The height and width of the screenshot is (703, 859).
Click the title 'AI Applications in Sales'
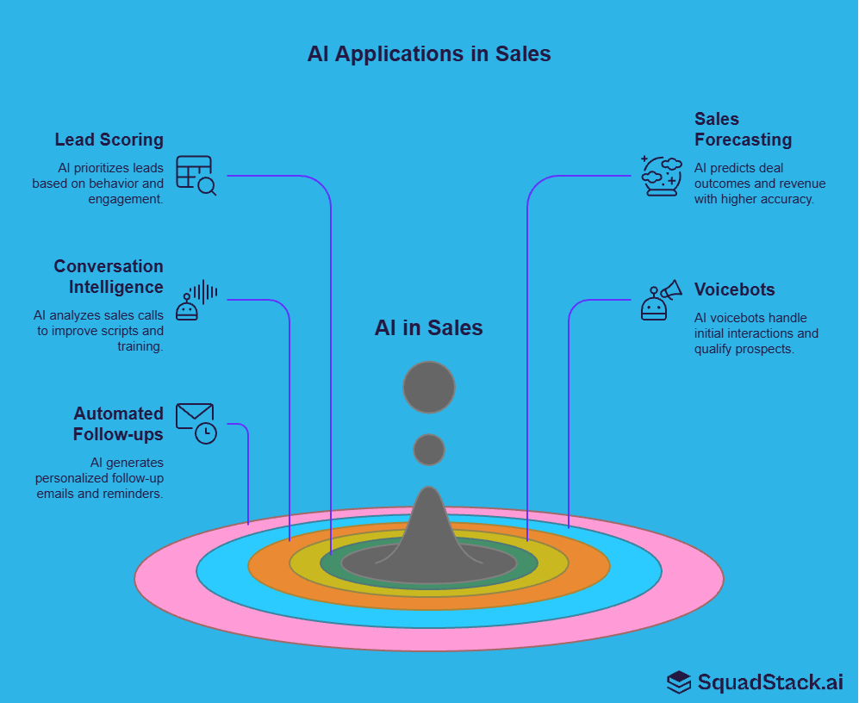(429, 53)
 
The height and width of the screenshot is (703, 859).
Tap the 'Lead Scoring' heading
(109, 140)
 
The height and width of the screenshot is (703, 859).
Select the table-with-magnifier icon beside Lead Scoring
(196, 175)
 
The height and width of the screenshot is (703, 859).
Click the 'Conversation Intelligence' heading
(109, 277)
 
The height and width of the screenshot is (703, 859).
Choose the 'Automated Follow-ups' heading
(118, 424)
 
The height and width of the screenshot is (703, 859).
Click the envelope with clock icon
(196, 423)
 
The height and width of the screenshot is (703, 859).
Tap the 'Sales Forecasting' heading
(742, 129)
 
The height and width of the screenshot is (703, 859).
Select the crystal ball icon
(661, 176)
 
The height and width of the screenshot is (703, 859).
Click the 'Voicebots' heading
(734, 289)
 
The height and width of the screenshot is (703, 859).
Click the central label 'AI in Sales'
(429, 328)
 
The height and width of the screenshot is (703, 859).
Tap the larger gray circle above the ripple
(429, 387)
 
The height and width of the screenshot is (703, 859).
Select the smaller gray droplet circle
(429, 450)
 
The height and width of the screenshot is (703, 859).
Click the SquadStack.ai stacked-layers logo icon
(679, 682)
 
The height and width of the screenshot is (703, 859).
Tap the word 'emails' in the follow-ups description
(54, 494)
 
